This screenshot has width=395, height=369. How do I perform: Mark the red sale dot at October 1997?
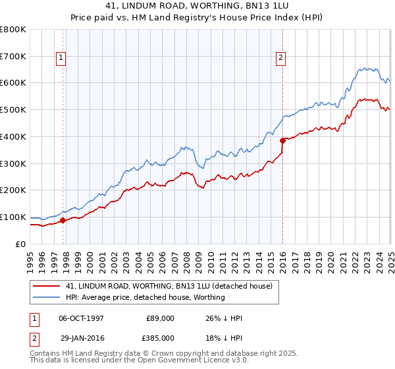coord(63,221)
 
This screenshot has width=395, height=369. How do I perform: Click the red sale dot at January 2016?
coord(282,140)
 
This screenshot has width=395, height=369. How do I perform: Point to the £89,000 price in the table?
coord(160,318)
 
